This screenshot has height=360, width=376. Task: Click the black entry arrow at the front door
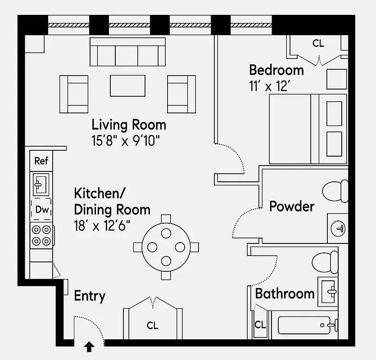click(90, 346)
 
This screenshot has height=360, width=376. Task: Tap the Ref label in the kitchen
click(41, 161)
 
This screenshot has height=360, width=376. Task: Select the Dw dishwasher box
click(41, 210)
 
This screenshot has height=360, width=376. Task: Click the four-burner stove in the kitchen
click(41, 235)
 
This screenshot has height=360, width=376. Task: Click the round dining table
click(166, 247)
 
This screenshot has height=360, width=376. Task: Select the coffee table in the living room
click(128, 85)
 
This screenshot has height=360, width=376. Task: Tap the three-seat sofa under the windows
click(127, 52)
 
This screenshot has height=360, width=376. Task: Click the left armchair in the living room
click(73, 94)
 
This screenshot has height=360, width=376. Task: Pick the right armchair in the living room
click(182, 94)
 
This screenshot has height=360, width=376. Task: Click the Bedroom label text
click(276, 70)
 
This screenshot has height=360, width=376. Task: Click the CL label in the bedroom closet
click(318, 44)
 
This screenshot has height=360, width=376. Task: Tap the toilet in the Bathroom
click(325, 262)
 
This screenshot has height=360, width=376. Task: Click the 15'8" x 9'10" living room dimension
click(126, 140)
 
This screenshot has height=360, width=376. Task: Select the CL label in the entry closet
click(153, 325)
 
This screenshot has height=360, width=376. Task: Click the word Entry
click(90, 296)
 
